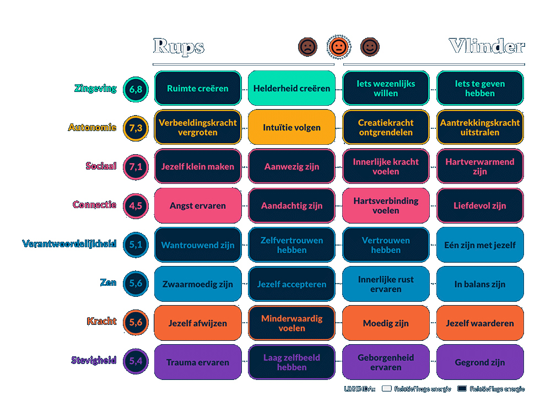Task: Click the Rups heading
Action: point(179,47)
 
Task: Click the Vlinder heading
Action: point(486,46)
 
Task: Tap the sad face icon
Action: point(307,47)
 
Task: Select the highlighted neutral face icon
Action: point(338,47)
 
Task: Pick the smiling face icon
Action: point(369,47)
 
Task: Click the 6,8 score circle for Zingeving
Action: point(136,89)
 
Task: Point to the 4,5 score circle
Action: point(136,205)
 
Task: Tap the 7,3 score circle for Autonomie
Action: point(136,128)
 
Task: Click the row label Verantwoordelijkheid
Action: point(69,243)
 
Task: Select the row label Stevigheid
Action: point(94,361)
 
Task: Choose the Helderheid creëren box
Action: point(291,88)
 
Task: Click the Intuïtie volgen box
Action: point(291,127)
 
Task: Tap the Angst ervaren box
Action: point(198,205)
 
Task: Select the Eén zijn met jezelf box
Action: point(480,244)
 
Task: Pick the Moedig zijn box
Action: point(386,323)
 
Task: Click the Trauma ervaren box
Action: point(198,362)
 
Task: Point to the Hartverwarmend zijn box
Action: point(480,166)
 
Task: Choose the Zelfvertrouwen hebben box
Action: point(291,244)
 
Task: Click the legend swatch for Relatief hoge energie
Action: point(387,389)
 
